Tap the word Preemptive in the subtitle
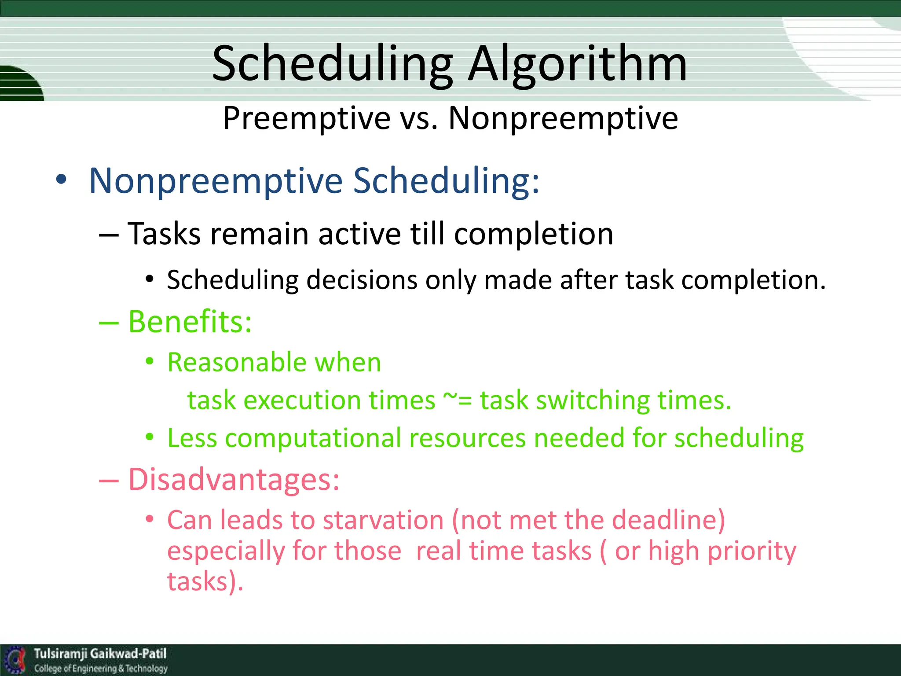pos(307,119)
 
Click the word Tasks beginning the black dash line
pos(165,234)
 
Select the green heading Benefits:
pos(190,322)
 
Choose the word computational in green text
pos(313,438)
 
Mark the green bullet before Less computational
pos(150,437)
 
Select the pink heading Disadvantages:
pos(234,479)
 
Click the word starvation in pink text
pos(383,520)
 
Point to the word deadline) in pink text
pos(668,520)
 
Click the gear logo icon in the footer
pos(16,660)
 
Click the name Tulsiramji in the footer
pos(61,654)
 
